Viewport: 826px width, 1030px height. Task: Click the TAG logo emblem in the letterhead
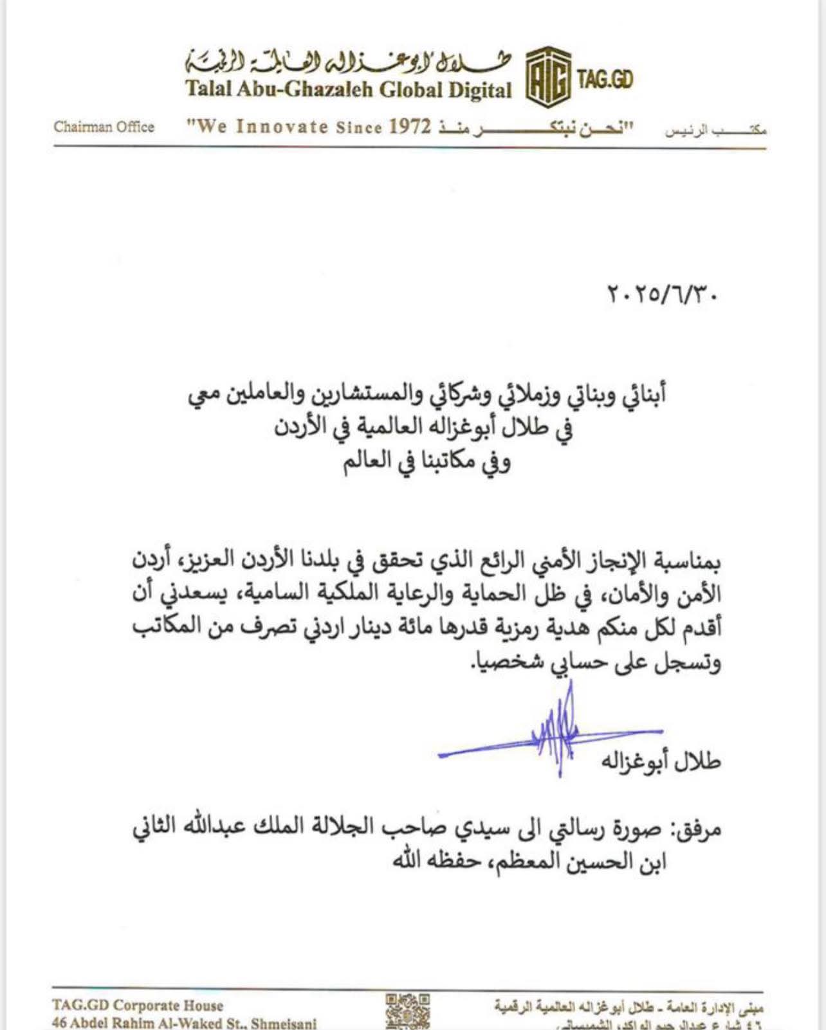coord(548,78)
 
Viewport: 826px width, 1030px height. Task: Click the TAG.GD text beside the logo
coord(605,79)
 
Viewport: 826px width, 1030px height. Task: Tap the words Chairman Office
coord(104,127)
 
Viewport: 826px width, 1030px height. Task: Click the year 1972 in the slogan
coord(410,127)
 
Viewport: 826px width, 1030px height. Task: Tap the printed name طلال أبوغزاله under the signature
coord(661,761)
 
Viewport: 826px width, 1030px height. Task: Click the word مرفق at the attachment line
coord(697,829)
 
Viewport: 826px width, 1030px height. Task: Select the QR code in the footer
coord(408,1011)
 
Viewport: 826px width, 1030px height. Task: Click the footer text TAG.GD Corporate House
coord(138,1006)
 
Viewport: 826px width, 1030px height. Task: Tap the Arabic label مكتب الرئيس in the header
coord(715,131)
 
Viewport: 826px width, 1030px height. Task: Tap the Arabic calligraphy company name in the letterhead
coord(347,61)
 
